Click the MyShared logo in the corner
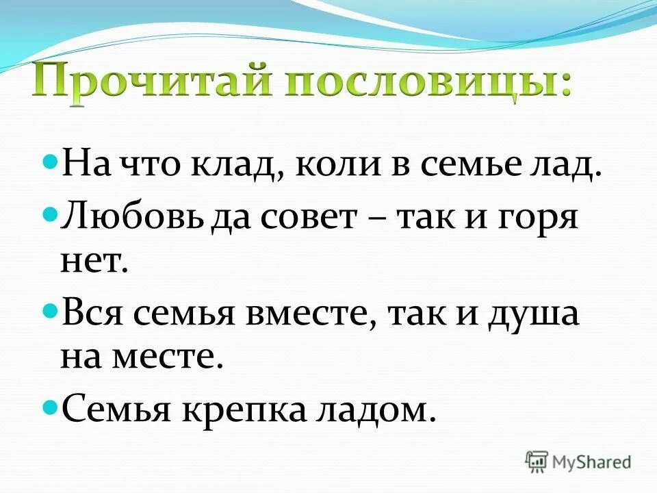(x=578, y=461)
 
